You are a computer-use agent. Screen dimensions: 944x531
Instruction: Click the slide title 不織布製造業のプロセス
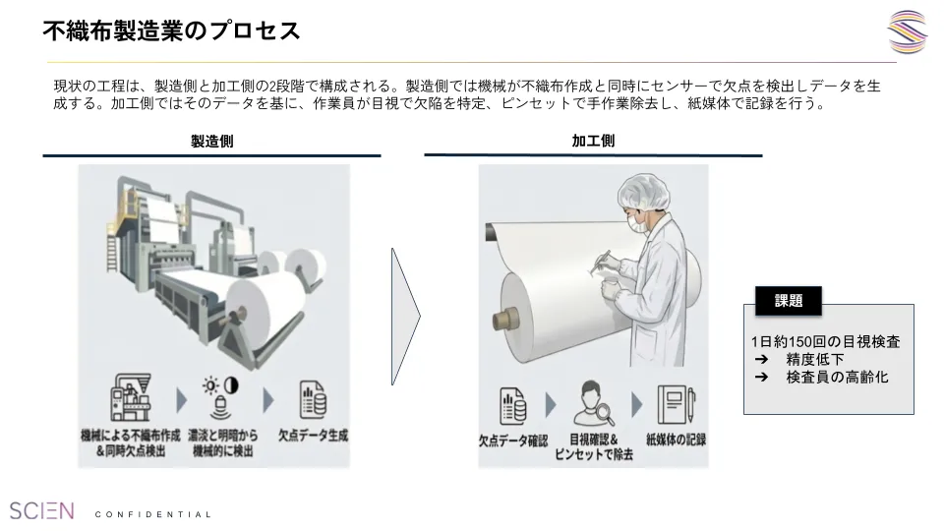pos(171,30)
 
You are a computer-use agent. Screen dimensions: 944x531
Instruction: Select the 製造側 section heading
pos(212,142)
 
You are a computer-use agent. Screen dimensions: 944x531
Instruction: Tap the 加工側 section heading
pos(593,141)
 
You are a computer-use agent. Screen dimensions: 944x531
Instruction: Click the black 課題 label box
pos(789,301)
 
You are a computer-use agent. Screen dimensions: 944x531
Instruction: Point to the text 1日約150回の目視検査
pos(825,342)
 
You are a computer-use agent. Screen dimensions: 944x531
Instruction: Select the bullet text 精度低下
pos(815,360)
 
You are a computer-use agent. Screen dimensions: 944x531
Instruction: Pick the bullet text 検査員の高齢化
pos(838,378)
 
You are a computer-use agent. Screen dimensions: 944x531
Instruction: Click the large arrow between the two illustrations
pos(406,316)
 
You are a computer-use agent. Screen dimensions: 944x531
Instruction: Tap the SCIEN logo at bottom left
pos(41,511)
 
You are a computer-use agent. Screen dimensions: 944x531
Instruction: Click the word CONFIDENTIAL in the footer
pos(153,514)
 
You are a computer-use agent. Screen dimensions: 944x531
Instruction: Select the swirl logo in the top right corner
pos(908,31)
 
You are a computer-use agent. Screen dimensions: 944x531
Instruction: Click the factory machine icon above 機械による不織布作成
pos(131,396)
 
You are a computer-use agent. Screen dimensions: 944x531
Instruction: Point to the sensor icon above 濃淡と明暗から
pos(221,396)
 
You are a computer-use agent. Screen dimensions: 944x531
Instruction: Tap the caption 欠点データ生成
pos(313,436)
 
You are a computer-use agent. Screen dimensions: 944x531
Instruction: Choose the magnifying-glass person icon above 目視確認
pos(593,403)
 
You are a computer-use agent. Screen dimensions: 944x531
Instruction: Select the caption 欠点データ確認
pos(513,441)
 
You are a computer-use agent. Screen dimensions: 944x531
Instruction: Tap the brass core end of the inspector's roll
pos(505,319)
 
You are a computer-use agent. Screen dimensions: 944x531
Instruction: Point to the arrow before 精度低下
pos(761,360)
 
